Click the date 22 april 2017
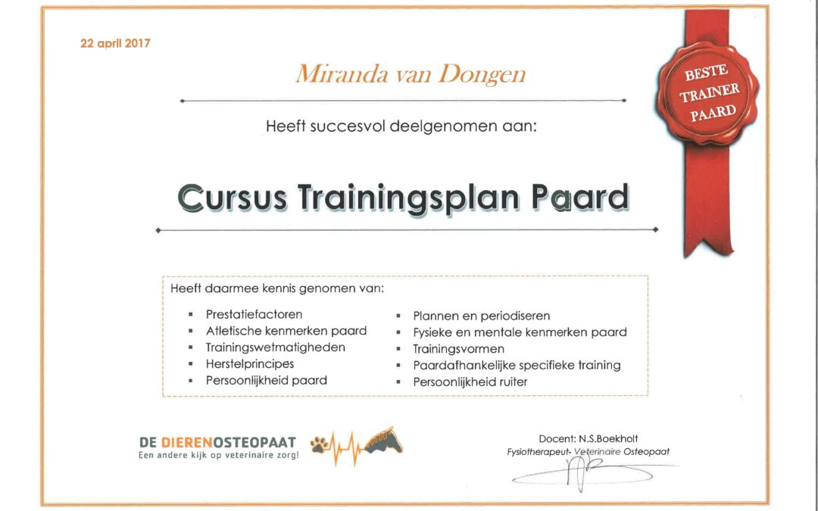115,43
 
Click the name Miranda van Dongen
411,74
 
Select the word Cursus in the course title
233,198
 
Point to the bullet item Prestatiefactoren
254,314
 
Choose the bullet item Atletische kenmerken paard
286,331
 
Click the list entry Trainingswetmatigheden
276,347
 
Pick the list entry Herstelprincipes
250,364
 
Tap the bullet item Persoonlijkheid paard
267,381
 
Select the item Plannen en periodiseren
482,316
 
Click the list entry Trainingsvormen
458,349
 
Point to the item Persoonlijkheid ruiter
470,382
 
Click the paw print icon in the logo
320,444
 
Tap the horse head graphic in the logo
384,441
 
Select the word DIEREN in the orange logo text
187,443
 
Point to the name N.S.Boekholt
608,439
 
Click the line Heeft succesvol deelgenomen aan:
401,126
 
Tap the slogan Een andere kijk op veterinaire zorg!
219,456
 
